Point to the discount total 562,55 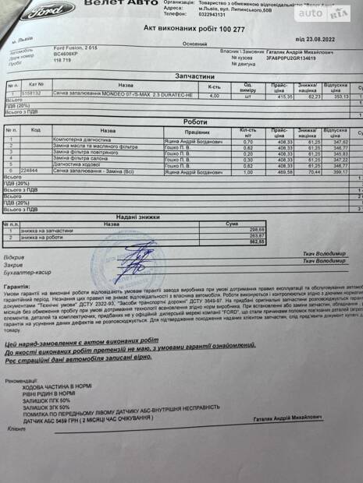(x=235, y=242)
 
